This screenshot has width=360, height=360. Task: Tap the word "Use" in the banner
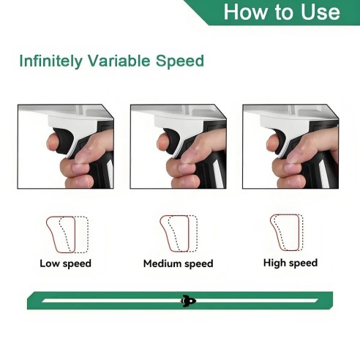click(320, 12)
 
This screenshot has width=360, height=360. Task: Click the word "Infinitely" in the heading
click(50, 61)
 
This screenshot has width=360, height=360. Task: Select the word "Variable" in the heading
click(119, 61)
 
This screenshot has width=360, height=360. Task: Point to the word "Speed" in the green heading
click(180, 61)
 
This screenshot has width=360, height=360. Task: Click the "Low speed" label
click(66, 263)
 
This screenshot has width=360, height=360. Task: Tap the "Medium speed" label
click(179, 263)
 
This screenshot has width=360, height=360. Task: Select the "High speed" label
click(290, 263)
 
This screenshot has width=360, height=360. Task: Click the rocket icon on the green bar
click(188, 301)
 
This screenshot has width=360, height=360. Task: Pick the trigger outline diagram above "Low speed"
click(67, 235)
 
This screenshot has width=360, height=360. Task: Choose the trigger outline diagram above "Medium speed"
click(179, 233)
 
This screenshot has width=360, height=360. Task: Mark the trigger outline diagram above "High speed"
click(287, 233)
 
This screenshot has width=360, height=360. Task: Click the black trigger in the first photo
click(64, 140)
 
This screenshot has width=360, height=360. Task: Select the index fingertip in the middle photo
click(162, 142)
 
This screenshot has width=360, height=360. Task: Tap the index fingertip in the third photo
click(271, 143)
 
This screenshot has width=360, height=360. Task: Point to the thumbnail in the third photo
click(294, 156)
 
